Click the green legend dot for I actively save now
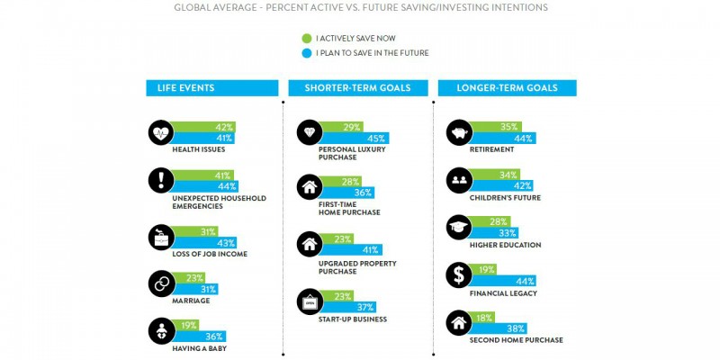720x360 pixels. pyautogui.click(x=307, y=40)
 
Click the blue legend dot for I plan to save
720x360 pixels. pyautogui.click(x=307, y=53)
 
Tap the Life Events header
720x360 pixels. pyautogui.click(x=209, y=88)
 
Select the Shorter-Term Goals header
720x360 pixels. pyautogui.click(x=357, y=88)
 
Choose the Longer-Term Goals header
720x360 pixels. pyautogui.click(x=507, y=88)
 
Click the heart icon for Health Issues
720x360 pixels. pyautogui.click(x=160, y=132)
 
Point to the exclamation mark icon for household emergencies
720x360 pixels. pyautogui.click(x=160, y=180)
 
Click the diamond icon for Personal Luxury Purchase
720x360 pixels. pyautogui.click(x=310, y=132)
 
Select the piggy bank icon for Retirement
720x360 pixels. pyautogui.click(x=459, y=132)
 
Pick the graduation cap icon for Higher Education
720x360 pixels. pyautogui.click(x=459, y=228)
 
